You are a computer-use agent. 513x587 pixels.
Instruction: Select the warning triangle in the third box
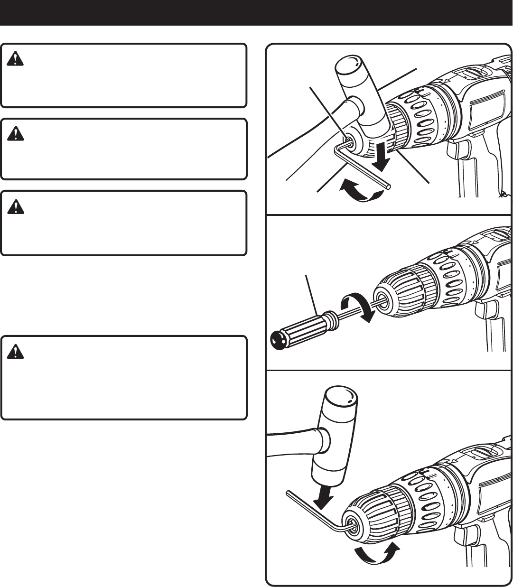[x=16, y=207]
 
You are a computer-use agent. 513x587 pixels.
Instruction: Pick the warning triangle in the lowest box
[x=16, y=352]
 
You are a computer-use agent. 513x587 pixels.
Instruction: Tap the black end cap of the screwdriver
[x=277, y=337]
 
